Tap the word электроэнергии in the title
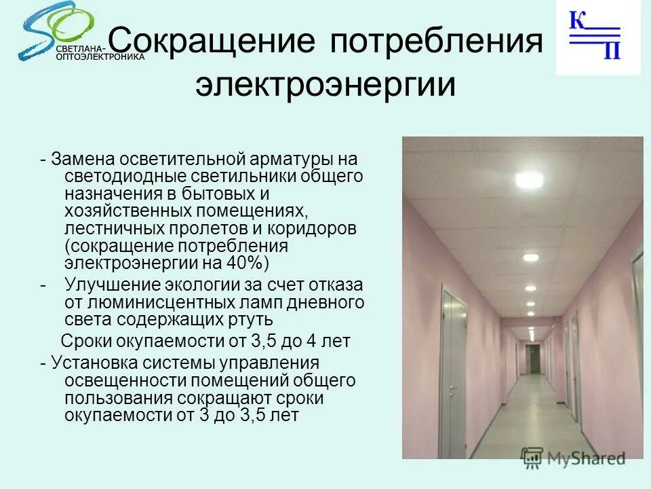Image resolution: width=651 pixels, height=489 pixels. click(x=325, y=86)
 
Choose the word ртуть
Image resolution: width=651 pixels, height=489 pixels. click(x=250, y=319)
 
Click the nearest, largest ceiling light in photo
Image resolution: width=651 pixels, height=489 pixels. click(x=528, y=181)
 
